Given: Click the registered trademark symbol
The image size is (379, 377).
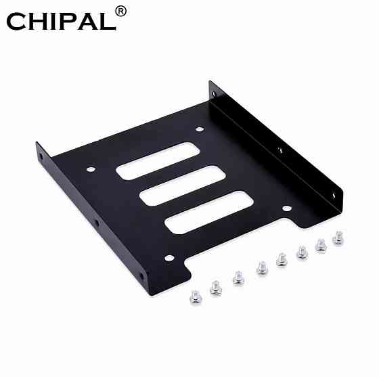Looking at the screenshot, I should point(120,12).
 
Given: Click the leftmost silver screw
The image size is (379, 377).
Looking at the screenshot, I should point(194,296).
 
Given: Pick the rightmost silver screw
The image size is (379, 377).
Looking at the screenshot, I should point(338,238).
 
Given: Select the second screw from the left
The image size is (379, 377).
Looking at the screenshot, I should point(215,287).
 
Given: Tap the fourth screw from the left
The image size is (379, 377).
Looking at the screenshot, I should point(261,268).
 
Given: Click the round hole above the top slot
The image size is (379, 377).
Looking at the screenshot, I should point(200,129).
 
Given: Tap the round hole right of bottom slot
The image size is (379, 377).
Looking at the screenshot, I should point(286,208).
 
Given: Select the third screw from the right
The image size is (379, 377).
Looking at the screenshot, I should point(302,252).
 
